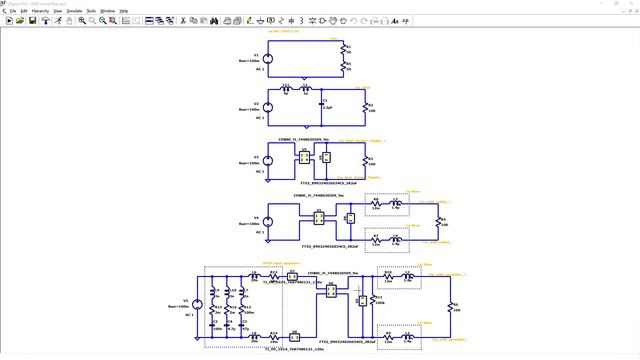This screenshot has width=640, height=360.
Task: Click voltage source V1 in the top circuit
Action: click(x=267, y=59)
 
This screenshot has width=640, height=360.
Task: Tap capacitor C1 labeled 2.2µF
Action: click(x=321, y=103)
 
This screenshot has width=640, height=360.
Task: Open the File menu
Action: click(x=13, y=10)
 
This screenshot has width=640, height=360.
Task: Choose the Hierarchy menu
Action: click(x=40, y=10)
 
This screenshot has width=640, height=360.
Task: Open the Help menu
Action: click(x=124, y=10)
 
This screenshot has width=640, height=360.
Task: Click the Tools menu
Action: click(x=90, y=10)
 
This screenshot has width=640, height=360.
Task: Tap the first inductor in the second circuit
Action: click(x=286, y=89)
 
